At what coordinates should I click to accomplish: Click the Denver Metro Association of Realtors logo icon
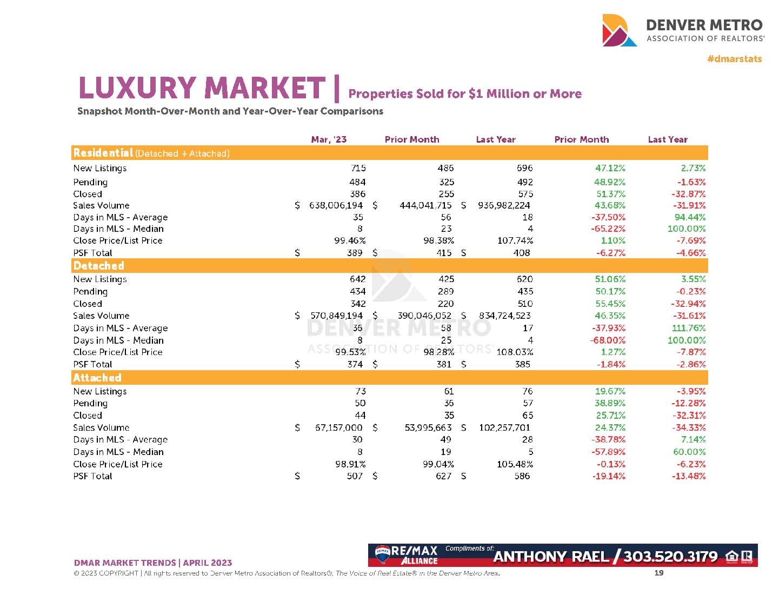(x=620, y=30)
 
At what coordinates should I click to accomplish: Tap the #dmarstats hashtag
(x=734, y=58)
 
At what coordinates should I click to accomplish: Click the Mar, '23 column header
(x=329, y=139)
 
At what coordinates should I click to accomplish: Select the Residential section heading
(x=103, y=153)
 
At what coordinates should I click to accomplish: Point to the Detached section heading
(x=99, y=266)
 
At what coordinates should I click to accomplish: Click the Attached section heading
(x=97, y=378)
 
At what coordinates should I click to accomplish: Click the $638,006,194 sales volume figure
(x=336, y=205)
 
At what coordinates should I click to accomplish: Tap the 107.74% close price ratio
(x=515, y=240)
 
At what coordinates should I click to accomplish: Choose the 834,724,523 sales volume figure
(x=504, y=316)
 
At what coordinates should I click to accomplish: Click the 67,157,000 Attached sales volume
(x=338, y=427)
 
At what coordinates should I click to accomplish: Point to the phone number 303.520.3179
(x=670, y=557)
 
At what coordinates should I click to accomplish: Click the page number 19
(x=659, y=573)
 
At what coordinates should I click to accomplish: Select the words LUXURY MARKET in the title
(x=202, y=88)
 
